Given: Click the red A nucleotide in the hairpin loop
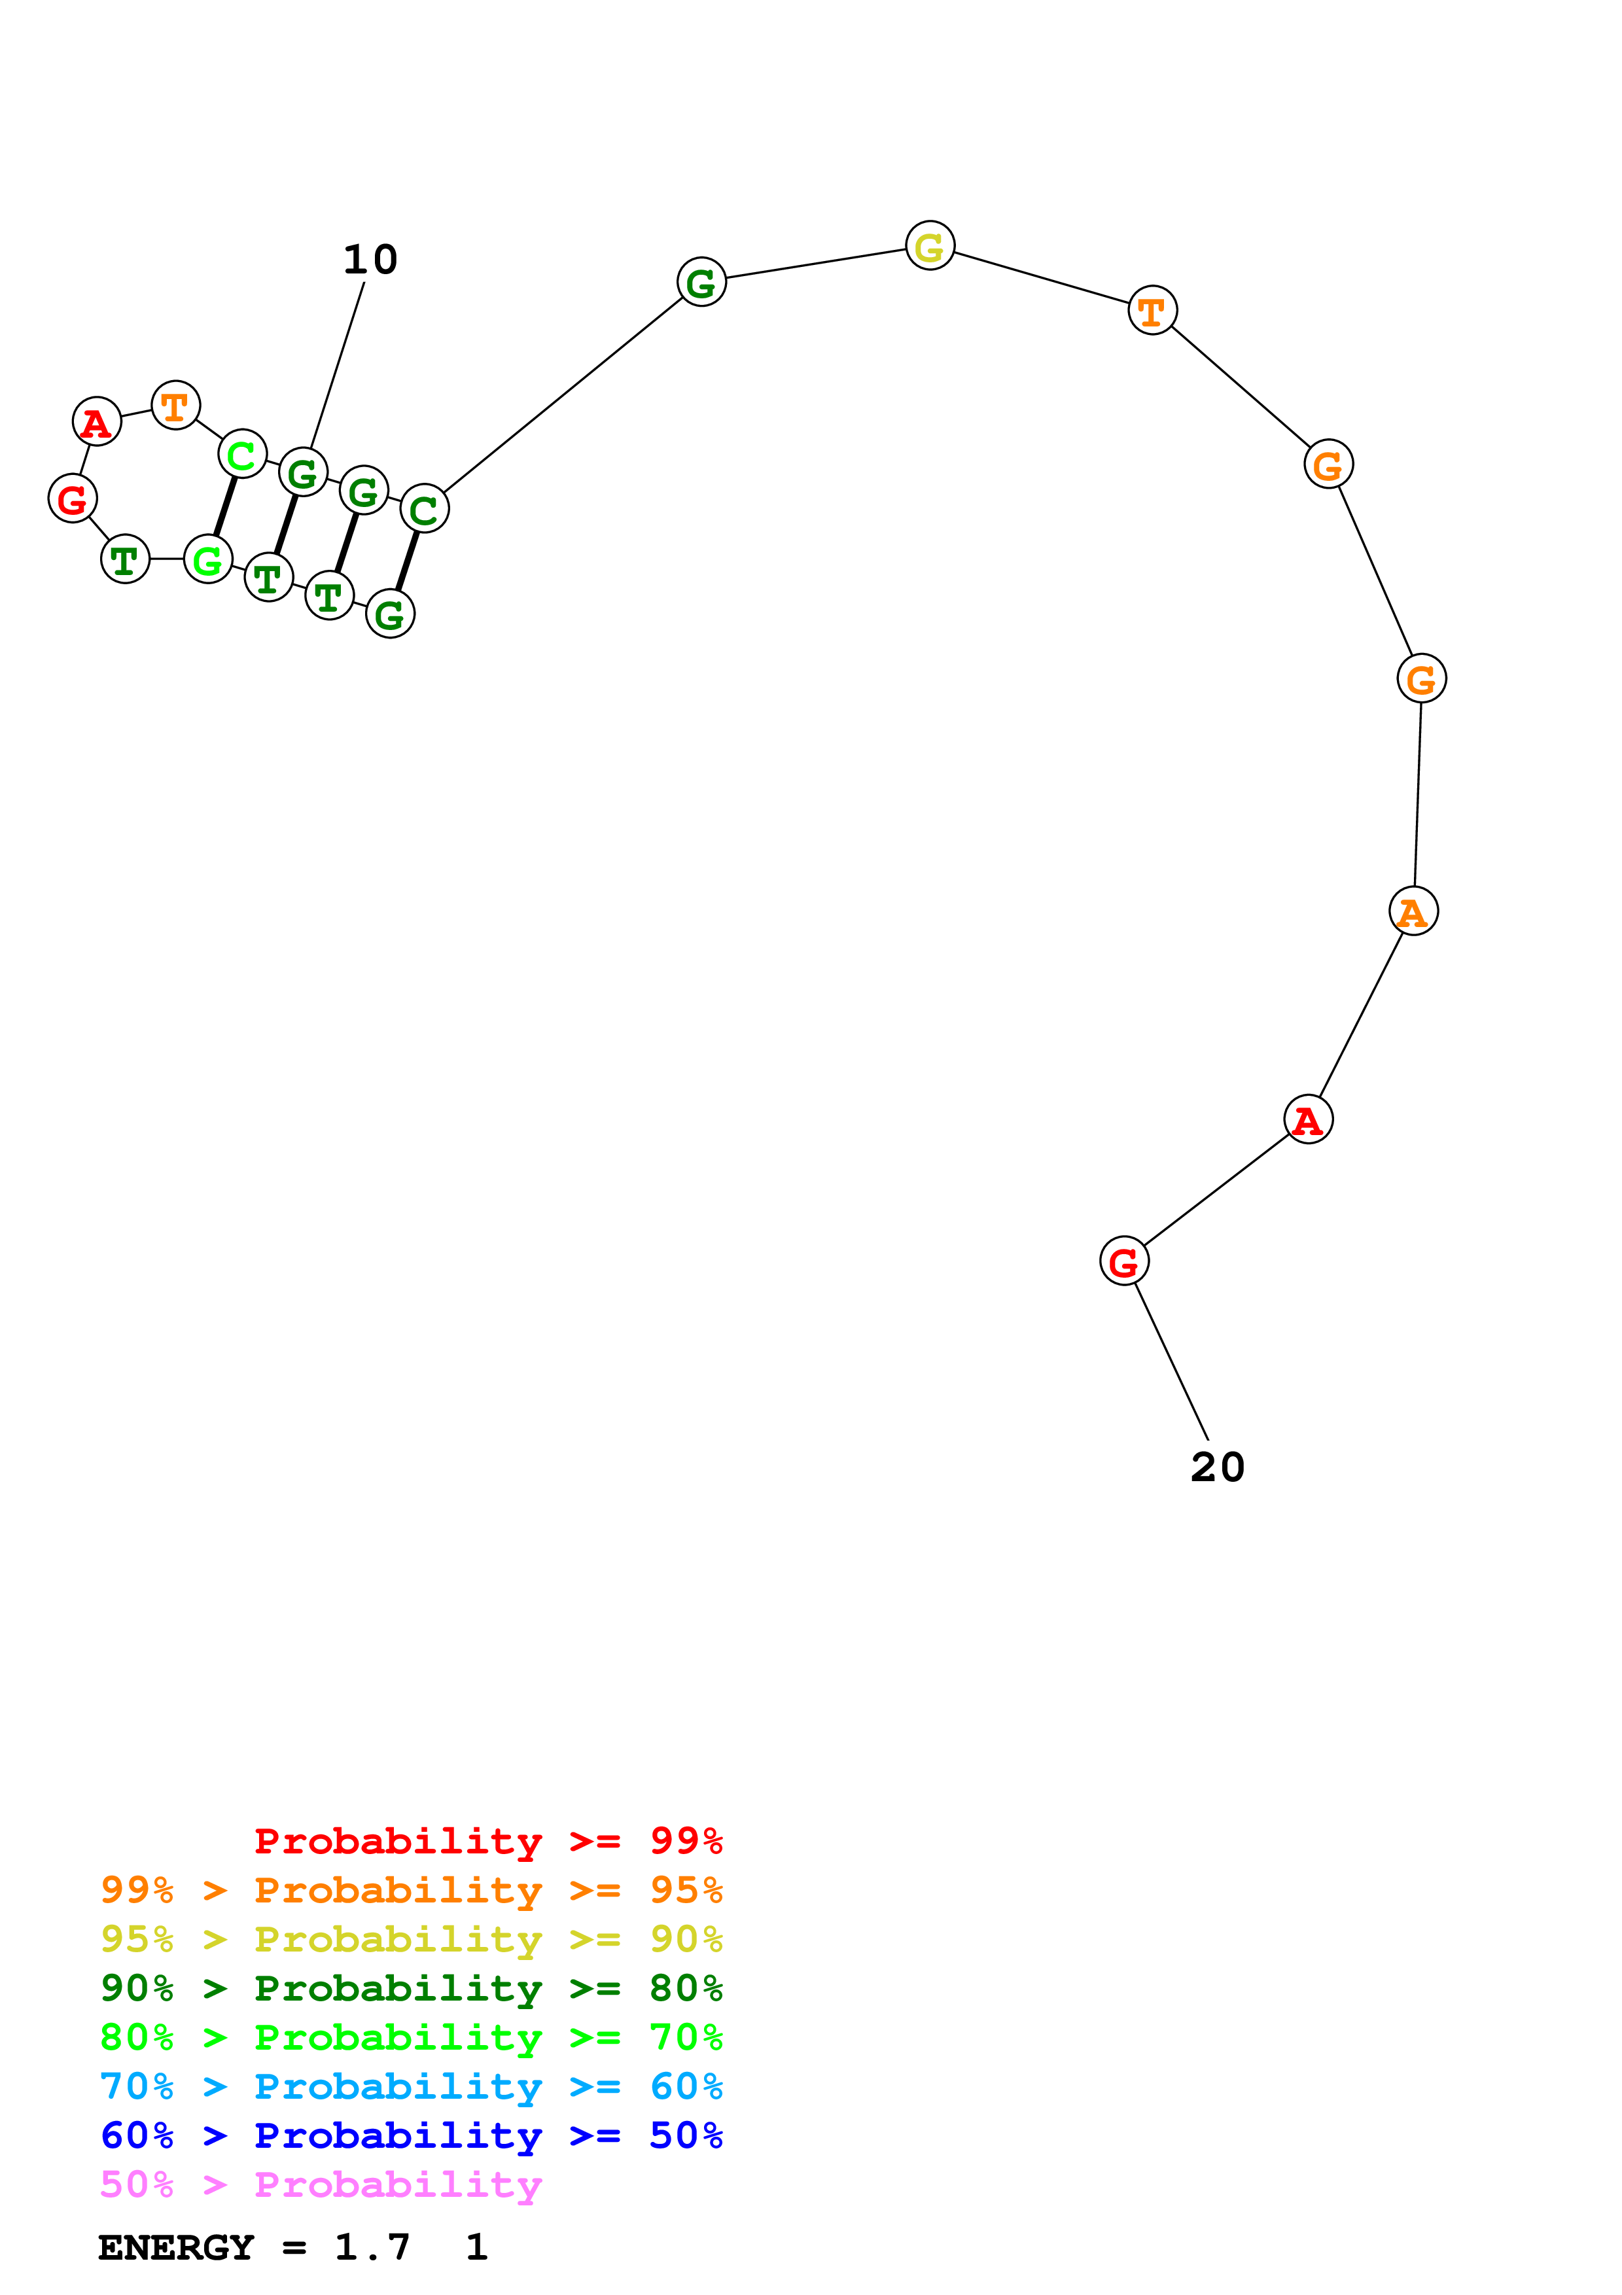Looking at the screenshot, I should (97, 422).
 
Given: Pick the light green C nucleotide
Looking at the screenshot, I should (242, 455).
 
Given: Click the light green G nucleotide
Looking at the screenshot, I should (208, 560).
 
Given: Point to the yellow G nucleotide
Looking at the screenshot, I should (929, 246).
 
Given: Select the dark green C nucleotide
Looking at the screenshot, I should (425, 510).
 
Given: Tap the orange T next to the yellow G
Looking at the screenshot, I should (1152, 311).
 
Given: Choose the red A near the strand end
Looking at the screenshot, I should (1308, 1119).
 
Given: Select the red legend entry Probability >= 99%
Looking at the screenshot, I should (487, 1841).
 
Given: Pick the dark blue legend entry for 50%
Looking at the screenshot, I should (412, 2136).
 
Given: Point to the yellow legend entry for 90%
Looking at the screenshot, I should (412, 1939).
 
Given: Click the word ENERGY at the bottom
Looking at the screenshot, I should (176, 2248).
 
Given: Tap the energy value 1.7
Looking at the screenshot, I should (372, 2248).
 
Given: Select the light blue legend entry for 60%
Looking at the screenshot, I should (412, 2087).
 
